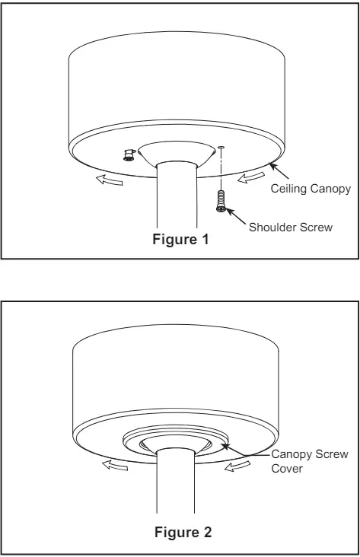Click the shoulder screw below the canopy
[x=221, y=201]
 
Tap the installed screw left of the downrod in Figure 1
[x=129, y=155]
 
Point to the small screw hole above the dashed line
[x=221, y=147]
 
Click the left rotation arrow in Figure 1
[x=110, y=180]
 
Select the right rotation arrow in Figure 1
[x=251, y=177]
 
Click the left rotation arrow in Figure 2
[x=115, y=465]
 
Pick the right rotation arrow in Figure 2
[x=237, y=466]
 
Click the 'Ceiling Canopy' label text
[x=311, y=188]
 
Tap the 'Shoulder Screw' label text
[x=290, y=228]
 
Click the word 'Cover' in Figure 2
[x=287, y=469]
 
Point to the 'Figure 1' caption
[x=180, y=240]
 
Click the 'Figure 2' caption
[x=183, y=532]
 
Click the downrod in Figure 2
[x=175, y=481]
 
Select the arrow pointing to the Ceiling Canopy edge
[x=279, y=170]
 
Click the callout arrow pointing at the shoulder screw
[x=236, y=216]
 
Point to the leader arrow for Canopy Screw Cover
[x=245, y=450]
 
